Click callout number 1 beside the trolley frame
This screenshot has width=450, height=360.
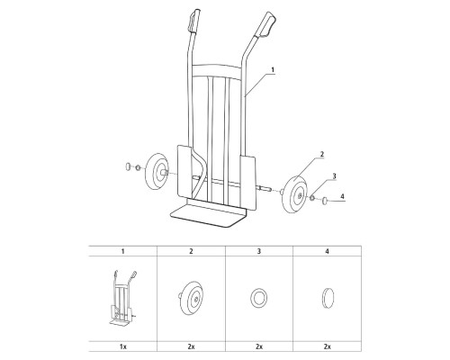273,69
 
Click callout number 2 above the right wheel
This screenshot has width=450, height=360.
322,154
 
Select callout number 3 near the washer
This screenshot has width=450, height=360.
334,175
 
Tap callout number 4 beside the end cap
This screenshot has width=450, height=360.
343,196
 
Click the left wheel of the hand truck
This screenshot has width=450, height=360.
157,171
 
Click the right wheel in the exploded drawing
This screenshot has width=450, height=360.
295,194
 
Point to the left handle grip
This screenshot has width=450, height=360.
194,21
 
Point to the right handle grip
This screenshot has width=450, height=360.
266,24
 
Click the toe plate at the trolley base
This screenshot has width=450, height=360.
208,212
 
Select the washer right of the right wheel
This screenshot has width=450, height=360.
312,198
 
